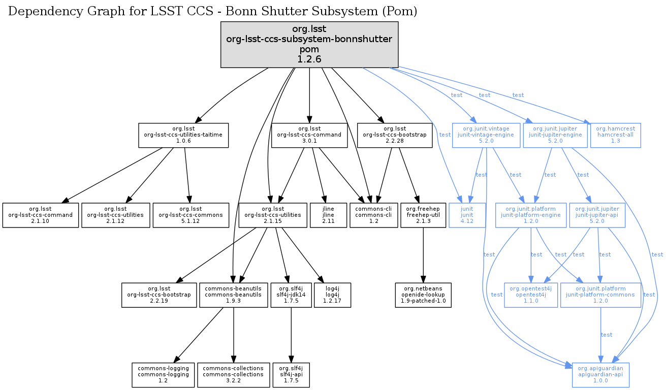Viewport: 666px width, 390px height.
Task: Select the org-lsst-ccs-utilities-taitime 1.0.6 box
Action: (x=183, y=135)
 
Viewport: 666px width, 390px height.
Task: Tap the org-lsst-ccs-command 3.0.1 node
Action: (x=309, y=135)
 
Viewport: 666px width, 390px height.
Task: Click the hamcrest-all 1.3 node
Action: (x=615, y=135)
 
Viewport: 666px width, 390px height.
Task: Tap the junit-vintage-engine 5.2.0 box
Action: (x=486, y=135)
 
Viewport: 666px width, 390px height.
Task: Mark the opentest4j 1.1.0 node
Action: (x=530, y=295)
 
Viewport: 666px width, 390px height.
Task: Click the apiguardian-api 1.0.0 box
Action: (x=601, y=375)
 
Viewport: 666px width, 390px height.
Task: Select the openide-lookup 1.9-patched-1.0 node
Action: (x=423, y=295)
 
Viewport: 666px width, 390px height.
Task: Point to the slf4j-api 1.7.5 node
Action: (x=291, y=375)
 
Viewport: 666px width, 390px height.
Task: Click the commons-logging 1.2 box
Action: (x=163, y=375)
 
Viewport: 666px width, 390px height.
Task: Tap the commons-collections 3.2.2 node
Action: (x=233, y=375)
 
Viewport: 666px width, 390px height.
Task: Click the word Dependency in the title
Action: (x=38, y=11)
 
